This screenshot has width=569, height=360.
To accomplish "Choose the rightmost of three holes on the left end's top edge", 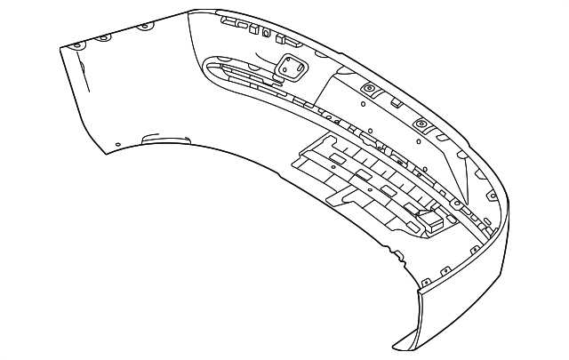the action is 142,28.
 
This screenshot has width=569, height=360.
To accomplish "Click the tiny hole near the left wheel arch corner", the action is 115,143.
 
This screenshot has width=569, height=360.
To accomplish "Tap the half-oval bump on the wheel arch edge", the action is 166,138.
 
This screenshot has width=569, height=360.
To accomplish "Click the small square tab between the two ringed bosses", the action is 393,102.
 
